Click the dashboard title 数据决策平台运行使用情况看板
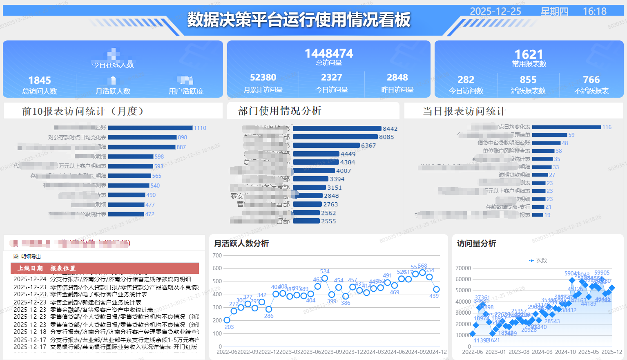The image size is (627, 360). (299, 20)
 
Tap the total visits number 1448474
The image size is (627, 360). (329, 54)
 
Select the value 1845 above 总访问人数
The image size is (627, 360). (40, 80)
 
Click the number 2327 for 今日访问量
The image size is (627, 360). (331, 78)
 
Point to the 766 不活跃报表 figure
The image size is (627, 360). (591, 80)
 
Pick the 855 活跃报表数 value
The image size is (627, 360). (528, 80)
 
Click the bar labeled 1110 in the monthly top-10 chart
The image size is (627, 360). (150, 128)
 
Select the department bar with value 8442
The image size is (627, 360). (337, 129)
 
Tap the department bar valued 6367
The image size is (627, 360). (326, 145)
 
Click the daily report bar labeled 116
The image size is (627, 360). (566, 127)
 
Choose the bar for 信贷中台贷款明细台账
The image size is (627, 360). (546, 143)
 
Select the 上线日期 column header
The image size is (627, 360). (30, 268)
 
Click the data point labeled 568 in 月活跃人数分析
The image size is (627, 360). (422, 272)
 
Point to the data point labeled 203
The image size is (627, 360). (227, 320)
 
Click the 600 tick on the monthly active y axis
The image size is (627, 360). (217, 268)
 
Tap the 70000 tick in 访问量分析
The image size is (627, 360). (463, 268)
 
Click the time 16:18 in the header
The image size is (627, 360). (594, 11)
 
